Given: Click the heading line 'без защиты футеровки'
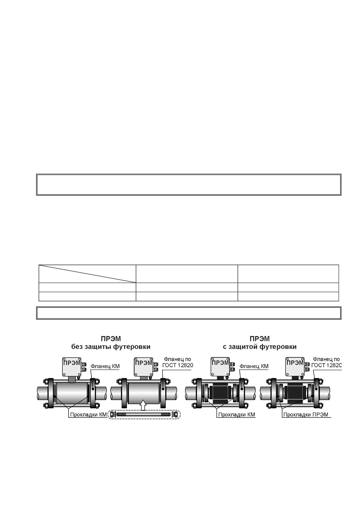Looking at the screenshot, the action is pos(111,347).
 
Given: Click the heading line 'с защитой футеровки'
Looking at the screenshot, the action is pos(260,347).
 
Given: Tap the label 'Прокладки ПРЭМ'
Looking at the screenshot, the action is pos(306,415).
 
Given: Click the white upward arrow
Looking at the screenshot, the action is pos(143,405).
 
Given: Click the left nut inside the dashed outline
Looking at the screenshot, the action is pos(112,414).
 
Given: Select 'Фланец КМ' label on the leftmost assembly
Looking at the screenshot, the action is pos(105,366).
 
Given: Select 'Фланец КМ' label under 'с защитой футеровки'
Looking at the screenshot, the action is pos(254,366).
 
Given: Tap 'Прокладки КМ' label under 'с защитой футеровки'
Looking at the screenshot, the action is pos(237,415).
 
